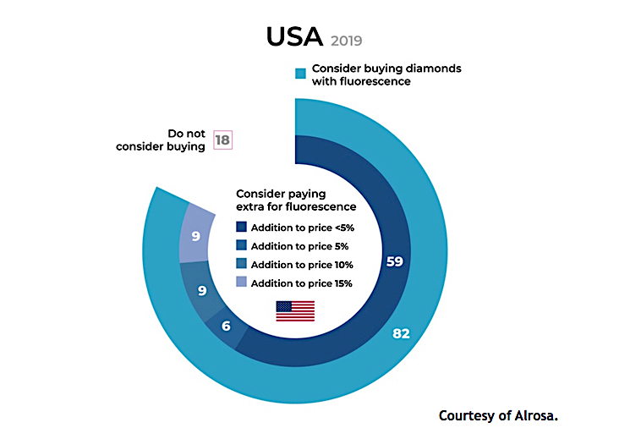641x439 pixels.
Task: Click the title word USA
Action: [293, 36]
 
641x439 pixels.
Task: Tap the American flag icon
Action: [295, 311]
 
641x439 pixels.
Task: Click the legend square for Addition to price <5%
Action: [242, 227]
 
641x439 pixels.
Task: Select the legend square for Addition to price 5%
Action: [242, 246]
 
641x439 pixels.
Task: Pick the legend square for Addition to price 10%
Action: [242, 265]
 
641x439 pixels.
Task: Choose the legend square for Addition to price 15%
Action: [242, 283]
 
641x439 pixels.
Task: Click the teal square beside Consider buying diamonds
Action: [299, 74]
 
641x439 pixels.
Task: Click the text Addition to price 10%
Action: [301, 265]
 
